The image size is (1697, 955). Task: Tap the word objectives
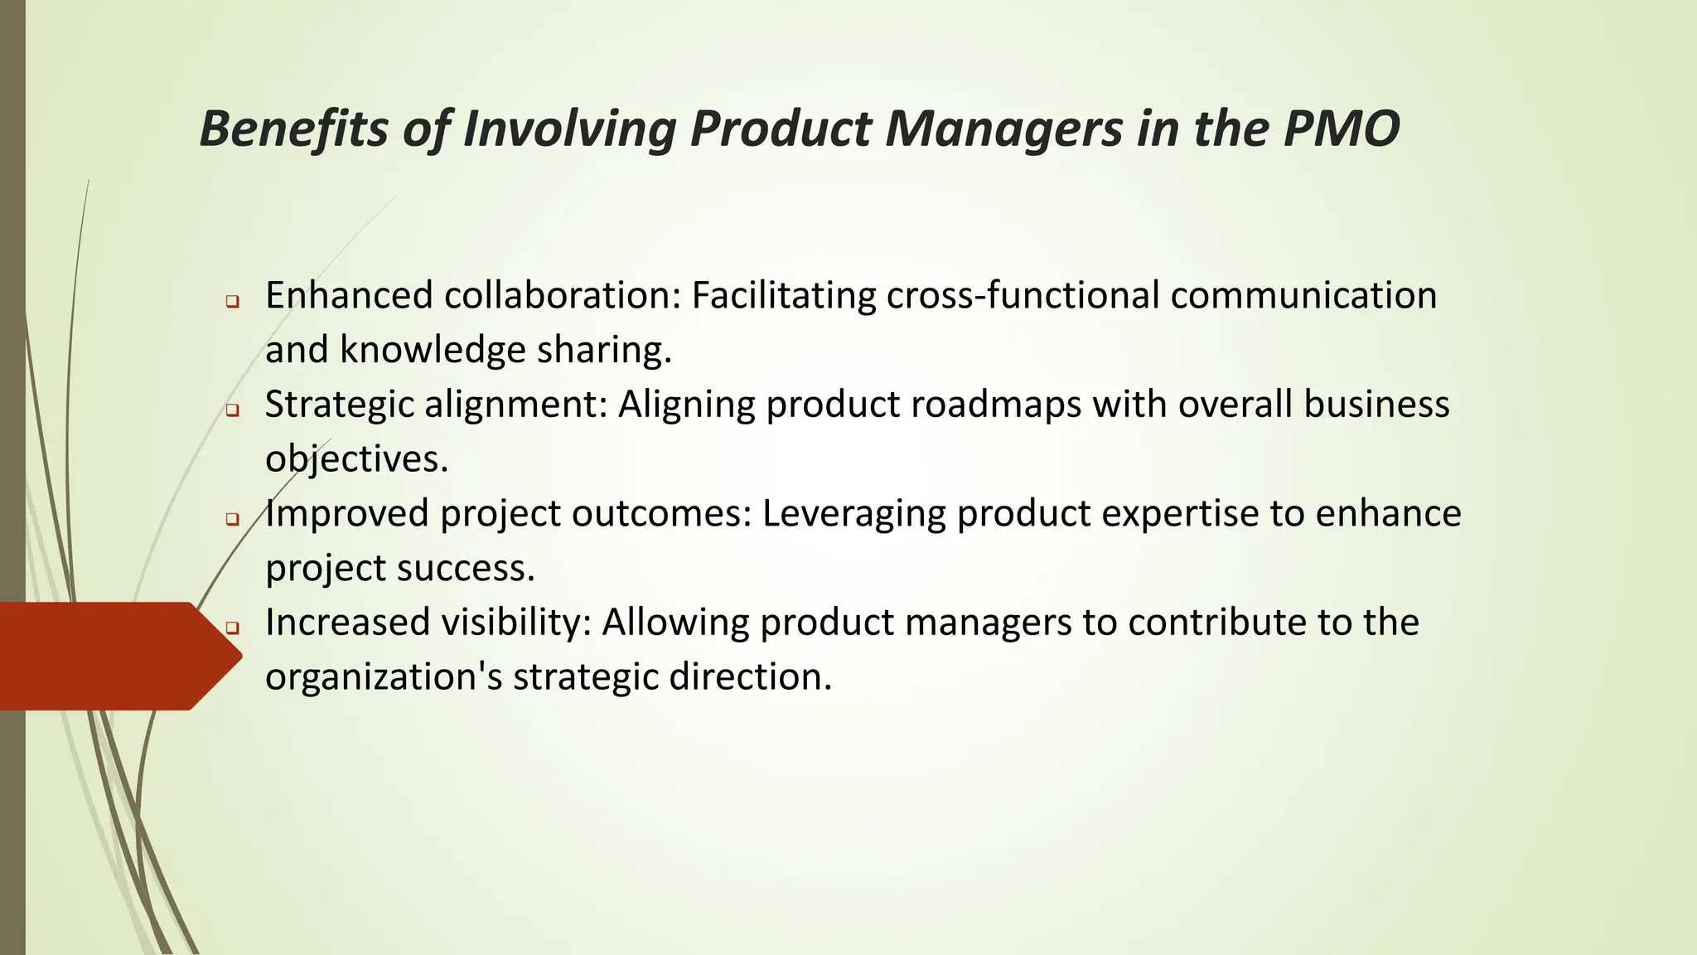click(356, 459)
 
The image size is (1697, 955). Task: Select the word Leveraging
click(853, 514)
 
